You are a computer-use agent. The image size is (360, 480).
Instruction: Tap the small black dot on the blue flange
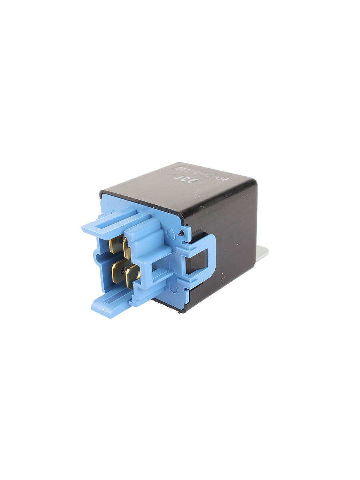[x=181, y=233]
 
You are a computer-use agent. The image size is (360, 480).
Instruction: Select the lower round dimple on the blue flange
[x=173, y=287]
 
